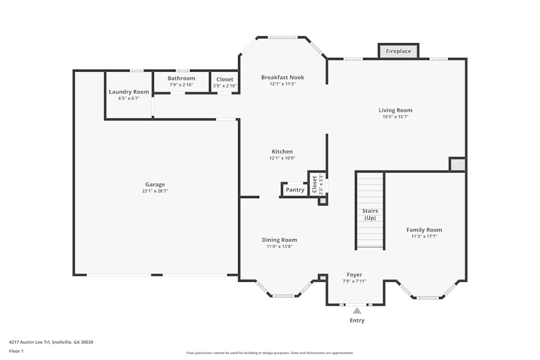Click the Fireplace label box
pos(399,51)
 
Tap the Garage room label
pos(155,185)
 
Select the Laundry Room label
pos(129,92)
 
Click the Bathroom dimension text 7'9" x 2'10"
pos(181,85)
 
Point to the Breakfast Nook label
pos(282,77)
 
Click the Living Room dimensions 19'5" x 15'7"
pos(395,117)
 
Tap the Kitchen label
pos(282,152)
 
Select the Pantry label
pos(295,190)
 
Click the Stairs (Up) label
pos(370,214)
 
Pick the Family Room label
pos(424,230)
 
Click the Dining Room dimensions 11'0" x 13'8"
pos(279,247)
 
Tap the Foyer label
pos(354,275)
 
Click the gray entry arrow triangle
pos(356,310)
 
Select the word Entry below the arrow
pos(356,321)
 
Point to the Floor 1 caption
pos(16,351)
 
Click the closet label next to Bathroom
pos(225,79)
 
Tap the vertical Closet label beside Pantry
pos(314,185)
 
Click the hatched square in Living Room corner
pos(457,165)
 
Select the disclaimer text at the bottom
pos(269,353)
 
